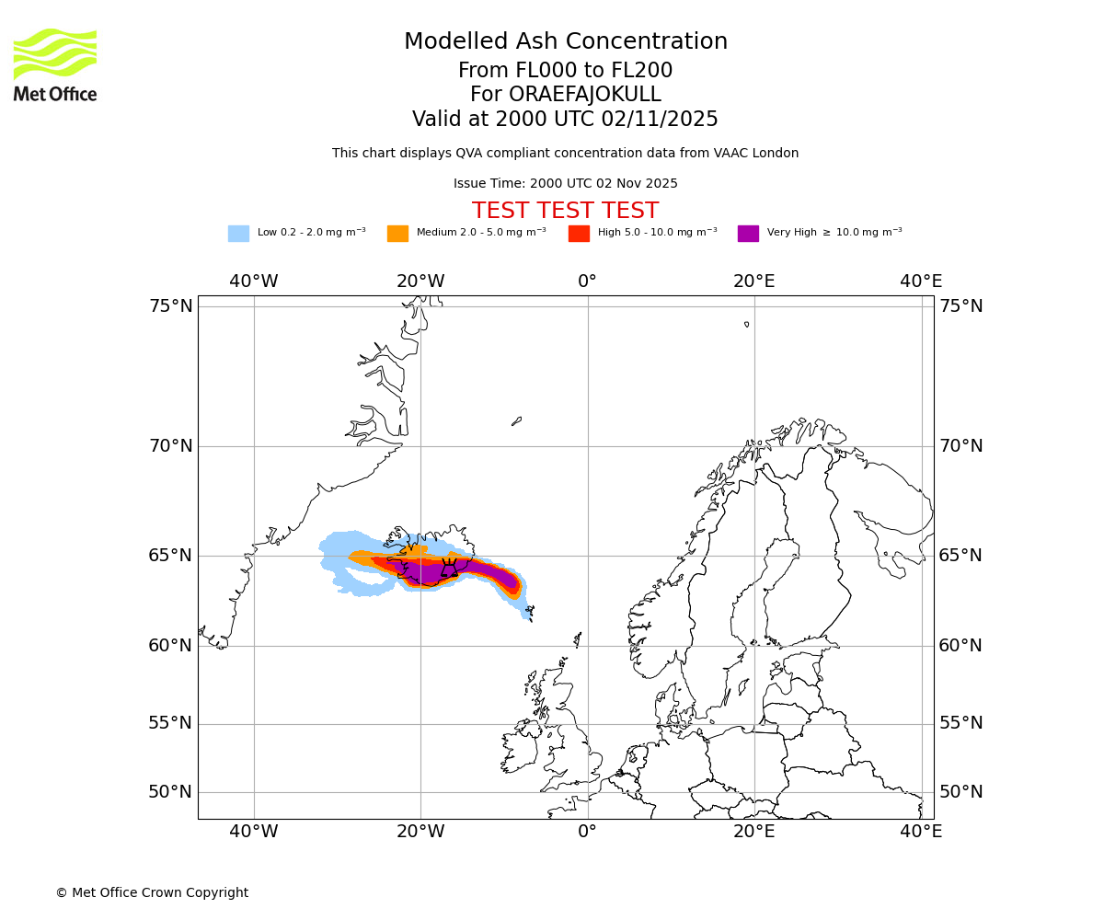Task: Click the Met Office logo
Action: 55,64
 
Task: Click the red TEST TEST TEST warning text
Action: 565,211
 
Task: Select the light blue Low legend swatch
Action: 238,233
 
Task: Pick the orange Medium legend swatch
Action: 397,233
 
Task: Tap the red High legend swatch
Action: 579,233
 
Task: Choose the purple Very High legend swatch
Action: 748,233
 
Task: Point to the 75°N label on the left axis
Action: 171,305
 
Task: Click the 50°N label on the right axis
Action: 960,792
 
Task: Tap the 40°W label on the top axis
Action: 254,281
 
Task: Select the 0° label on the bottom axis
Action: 588,832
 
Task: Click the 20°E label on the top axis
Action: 754,281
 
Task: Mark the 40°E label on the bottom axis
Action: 921,832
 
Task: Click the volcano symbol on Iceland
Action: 449,569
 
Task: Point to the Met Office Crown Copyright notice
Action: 152,892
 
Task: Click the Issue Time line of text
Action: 565,183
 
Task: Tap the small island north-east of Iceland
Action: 517,420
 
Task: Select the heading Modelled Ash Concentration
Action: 565,41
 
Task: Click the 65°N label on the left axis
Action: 171,556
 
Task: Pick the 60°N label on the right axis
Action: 960,646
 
